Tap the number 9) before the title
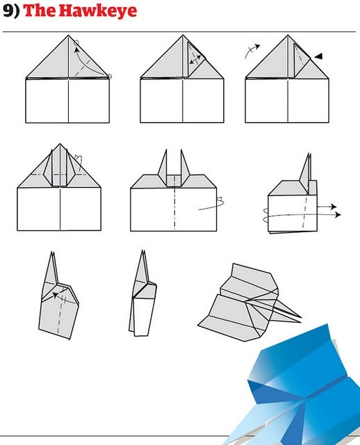click(x=11, y=11)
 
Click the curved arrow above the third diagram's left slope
click(x=252, y=50)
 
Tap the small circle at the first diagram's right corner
click(x=110, y=76)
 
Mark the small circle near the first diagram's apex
click(x=76, y=42)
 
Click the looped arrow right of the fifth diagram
click(x=211, y=204)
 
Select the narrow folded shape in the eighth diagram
click(x=142, y=296)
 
